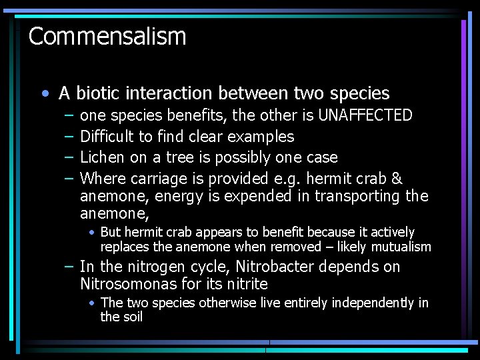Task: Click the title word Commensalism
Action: pos(107,36)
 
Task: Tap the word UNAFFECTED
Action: pos(365,115)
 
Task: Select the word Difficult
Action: pos(107,137)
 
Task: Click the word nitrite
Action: pos(246,284)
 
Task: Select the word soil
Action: pos(133,317)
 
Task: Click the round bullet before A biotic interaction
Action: pos(44,93)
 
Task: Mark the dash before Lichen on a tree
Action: pos(69,157)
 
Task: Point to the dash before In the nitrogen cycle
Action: pos(69,267)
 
